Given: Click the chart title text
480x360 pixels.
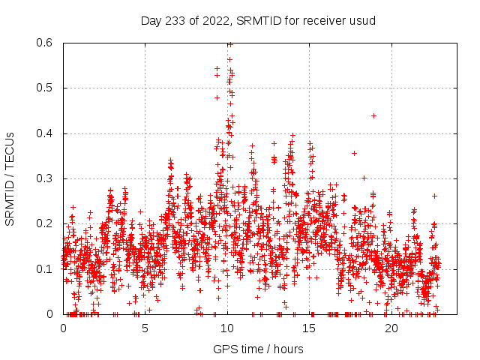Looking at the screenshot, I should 258,20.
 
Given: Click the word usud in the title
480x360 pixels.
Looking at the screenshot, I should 363,20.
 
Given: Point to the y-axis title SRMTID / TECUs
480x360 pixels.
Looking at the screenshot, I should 10,178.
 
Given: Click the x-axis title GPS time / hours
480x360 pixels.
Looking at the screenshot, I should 258,349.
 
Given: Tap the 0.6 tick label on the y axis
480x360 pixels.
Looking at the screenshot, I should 44,43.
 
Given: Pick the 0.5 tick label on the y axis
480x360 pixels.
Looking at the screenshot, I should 44,88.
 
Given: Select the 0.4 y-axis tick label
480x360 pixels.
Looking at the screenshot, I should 44,133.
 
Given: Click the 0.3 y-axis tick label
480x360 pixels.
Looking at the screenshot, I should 44,178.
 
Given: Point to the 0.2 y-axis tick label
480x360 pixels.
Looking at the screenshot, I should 44,223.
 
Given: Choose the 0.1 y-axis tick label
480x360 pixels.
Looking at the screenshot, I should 44,268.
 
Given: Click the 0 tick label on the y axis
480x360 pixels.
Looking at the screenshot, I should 51,314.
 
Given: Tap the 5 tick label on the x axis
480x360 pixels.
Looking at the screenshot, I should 145,328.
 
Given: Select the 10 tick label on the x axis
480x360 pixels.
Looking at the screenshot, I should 227,328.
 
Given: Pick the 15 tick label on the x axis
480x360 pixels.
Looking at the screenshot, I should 309,328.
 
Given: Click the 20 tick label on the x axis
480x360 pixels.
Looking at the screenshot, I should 391,328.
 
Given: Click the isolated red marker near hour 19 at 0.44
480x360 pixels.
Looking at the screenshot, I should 373,115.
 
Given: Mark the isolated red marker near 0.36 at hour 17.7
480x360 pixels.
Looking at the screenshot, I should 354,153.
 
